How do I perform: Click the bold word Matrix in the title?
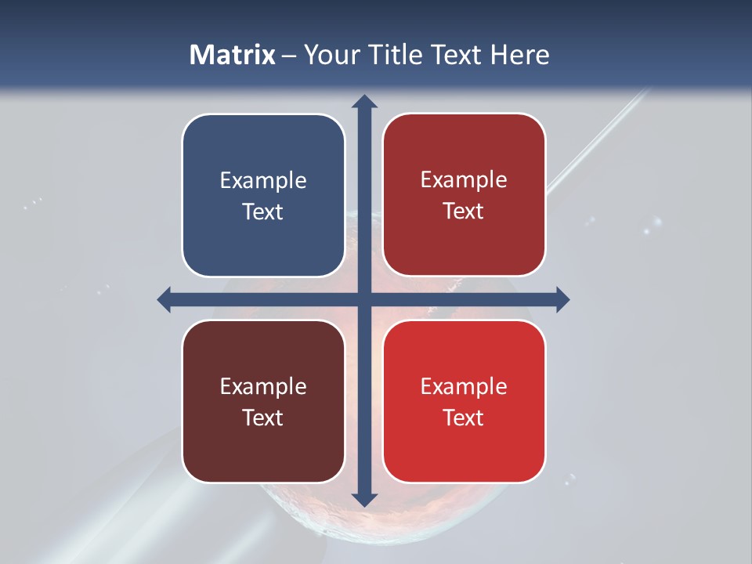click(x=233, y=55)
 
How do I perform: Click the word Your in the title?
click(x=328, y=55)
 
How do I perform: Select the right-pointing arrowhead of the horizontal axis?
click(x=562, y=299)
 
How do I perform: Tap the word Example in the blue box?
click(x=263, y=181)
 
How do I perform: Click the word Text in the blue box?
click(x=263, y=211)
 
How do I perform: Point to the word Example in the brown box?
click(x=263, y=387)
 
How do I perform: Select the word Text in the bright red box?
click(x=464, y=418)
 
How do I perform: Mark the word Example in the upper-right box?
click(x=464, y=180)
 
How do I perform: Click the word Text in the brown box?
click(x=263, y=418)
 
